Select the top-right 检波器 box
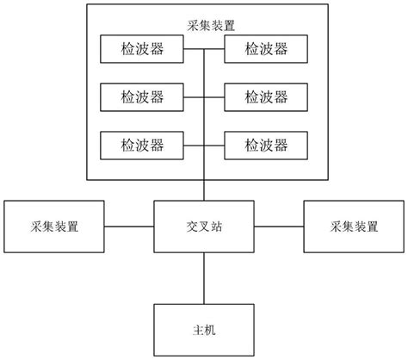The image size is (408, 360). click(x=266, y=48)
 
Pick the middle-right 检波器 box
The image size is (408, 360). click(x=266, y=96)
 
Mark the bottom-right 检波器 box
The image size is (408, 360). click(x=266, y=143)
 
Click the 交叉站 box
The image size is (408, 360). click(x=204, y=227)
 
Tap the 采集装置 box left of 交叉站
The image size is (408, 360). click(x=53, y=227)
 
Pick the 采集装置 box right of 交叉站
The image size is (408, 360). click(x=354, y=227)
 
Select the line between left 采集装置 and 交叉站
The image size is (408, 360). click(x=129, y=227)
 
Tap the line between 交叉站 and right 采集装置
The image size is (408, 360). click(x=279, y=227)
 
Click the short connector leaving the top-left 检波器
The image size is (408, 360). click(x=195, y=48)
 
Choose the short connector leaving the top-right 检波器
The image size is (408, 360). click(x=214, y=48)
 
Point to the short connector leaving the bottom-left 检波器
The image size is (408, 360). click(x=195, y=143)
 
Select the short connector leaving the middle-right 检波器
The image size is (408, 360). click(x=214, y=96)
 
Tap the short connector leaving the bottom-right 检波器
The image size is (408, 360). click(x=214, y=143)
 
